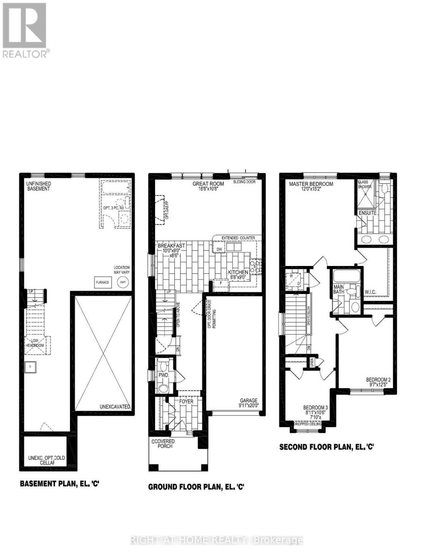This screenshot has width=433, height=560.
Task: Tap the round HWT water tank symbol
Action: click(x=123, y=282)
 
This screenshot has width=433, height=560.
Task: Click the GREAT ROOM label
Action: click(x=208, y=183)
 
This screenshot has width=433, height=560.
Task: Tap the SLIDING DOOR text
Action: click(x=245, y=182)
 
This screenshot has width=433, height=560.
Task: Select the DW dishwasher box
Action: click(x=219, y=249)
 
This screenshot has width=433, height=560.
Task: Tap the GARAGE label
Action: click(x=248, y=400)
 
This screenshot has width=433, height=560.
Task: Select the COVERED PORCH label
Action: click(x=162, y=443)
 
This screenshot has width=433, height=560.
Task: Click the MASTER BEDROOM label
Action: click(x=311, y=184)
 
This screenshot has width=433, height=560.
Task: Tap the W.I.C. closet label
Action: click(x=370, y=293)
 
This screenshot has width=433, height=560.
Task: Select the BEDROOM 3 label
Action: click(x=316, y=407)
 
